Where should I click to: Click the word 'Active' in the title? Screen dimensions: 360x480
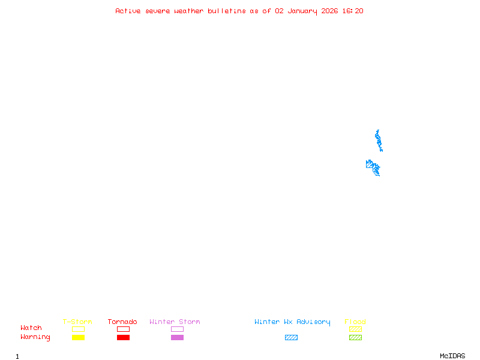[x=128, y=11]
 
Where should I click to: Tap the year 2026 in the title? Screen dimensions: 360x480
[x=330, y=11]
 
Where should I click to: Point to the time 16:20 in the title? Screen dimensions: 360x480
[x=353, y=11]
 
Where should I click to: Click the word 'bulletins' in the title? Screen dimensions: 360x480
[x=227, y=11]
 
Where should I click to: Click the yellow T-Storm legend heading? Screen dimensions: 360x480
[x=77, y=322]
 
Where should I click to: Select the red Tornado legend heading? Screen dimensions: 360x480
[x=122, y=322]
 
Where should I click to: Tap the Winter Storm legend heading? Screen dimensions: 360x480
[x=175, y=322]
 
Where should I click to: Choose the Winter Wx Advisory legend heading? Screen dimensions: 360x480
[x=292, y=322]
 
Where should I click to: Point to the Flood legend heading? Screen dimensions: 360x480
[x=355, y=322]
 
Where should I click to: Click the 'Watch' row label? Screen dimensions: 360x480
[x=31, y=328]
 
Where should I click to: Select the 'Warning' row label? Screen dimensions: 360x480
[x=35, y=337]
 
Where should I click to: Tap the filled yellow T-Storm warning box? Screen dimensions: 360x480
[x=78, y=338]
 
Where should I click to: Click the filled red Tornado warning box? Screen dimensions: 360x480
[x=123, y=338]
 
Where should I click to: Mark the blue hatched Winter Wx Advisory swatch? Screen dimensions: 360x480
[x=291, y=338]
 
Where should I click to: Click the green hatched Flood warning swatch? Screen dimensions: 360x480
[x=355, y=338]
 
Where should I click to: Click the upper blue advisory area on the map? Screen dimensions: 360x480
[x=378, y=140]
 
